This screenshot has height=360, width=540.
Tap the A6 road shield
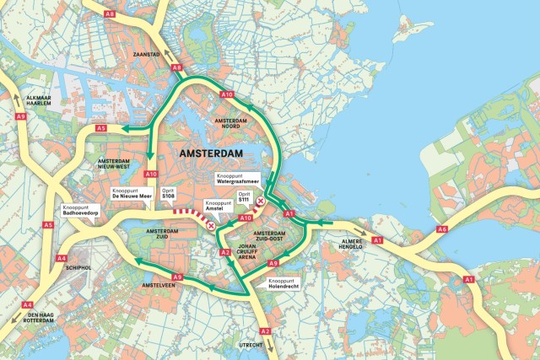[441, 229]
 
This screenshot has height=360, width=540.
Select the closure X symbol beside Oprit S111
[261, 201]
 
